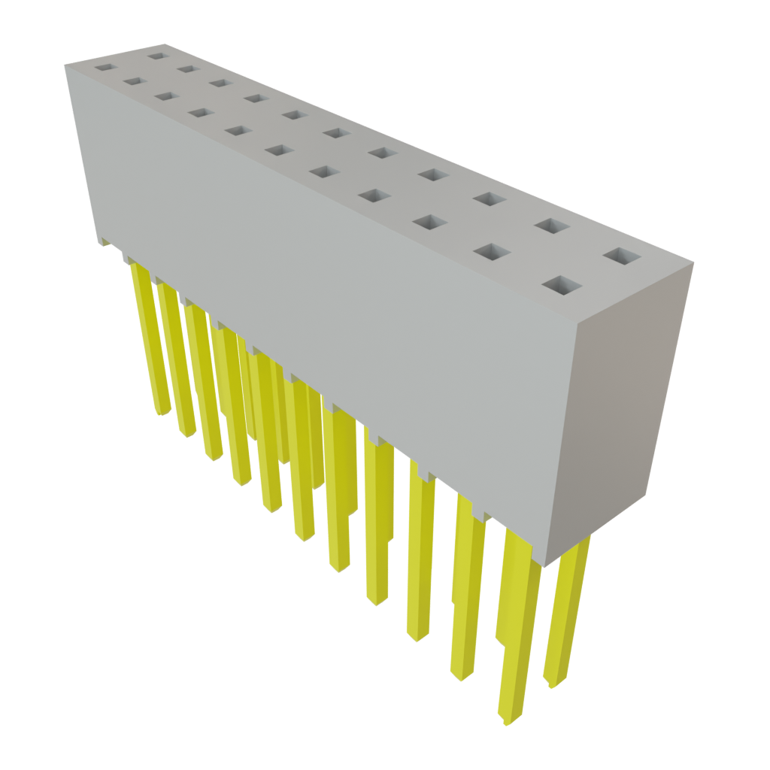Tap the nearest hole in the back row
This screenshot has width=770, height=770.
[x=621, y=257]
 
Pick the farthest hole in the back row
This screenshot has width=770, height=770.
[x=156, y=54]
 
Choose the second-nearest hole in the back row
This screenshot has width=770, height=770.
[x=551, y=225]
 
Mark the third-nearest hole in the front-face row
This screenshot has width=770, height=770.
[x=428, y=223]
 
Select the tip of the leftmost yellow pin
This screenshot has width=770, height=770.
[x=161, y=413]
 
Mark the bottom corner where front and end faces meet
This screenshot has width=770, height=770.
[x=544, y=566]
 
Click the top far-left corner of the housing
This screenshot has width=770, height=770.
[x=65, y=65]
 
